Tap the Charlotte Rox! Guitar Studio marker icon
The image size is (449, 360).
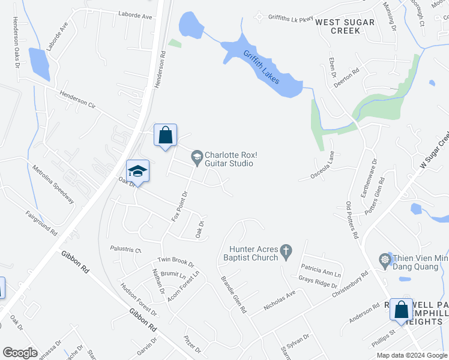(x=196, y=158)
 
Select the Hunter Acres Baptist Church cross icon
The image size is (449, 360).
(x=286, y=250)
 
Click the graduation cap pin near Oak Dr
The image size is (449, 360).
(x=137, y=171)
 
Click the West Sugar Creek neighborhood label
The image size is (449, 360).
(x=345, y=26)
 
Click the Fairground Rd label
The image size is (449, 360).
(x=41, y=223)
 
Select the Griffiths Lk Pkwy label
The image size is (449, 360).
(x=291, y=18)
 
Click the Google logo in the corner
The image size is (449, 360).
(x=20, y=353)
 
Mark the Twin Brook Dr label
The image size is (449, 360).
(x=176, y=262)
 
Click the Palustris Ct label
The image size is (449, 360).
(x=125, y=249)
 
